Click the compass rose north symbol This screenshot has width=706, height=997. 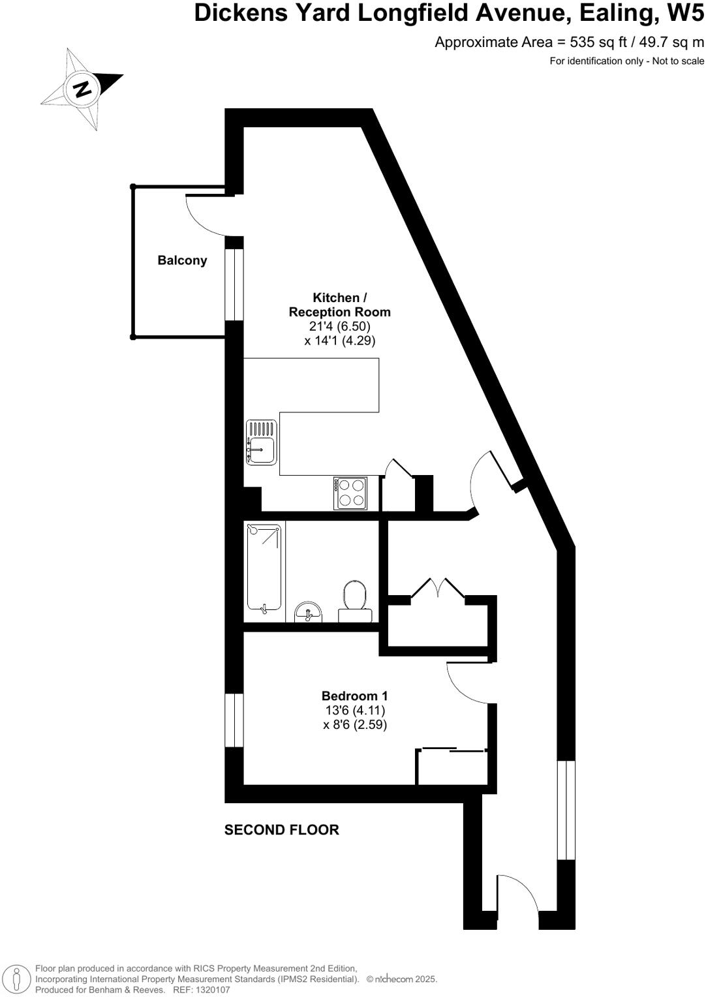pos(82,88)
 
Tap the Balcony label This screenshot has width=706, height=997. pos(182,260)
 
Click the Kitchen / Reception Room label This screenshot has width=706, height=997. pos(339,305)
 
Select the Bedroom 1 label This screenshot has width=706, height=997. pos(354,696)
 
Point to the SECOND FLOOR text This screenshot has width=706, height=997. pos(281,830)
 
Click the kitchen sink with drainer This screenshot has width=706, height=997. pos(261,442)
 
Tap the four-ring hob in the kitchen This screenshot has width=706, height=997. pos(350,493)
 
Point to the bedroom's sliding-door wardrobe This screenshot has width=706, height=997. pos(452,767)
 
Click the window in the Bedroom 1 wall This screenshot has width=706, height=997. pos(234,720)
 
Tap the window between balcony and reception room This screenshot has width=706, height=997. pos(234,284)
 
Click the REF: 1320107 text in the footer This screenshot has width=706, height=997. pos(201,990)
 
